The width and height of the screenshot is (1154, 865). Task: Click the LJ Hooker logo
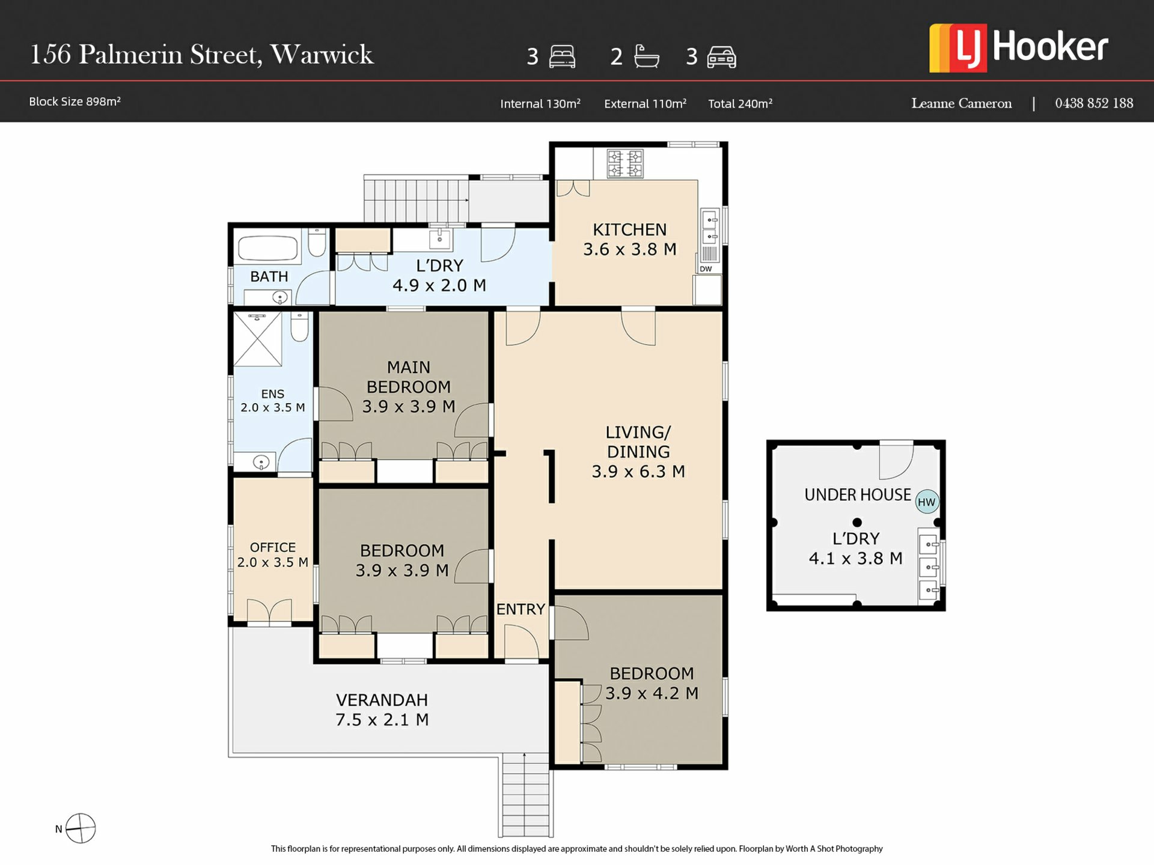coord(1018,48)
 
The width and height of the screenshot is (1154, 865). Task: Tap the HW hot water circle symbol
coord(926,502)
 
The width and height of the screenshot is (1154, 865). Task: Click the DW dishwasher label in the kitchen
coord(706,269)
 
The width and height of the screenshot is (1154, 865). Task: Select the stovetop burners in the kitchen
coord(625,164)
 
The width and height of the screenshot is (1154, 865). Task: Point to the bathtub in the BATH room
coord(268,248)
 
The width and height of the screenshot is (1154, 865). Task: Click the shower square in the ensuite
coord(257,339)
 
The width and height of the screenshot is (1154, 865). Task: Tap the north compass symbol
coord(80,828)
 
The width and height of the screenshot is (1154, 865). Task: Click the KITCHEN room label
coord(629,229)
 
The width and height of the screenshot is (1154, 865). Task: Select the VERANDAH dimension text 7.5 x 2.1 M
coord(382,720)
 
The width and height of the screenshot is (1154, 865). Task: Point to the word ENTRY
coord(521,609)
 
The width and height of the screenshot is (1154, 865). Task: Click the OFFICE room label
coord(273,547)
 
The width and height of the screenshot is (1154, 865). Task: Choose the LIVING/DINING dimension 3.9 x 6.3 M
coord(638,472)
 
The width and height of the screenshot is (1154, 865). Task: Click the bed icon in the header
coord(562,56)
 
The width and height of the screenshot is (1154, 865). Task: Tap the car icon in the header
coord(721,57)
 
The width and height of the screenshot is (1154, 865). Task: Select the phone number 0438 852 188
coord(1094,103)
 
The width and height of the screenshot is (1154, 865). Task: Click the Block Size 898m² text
coord(75,102)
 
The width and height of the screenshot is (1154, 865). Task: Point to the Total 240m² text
coord(740,103)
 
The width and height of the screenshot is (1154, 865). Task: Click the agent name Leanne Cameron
coord(961,103)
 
